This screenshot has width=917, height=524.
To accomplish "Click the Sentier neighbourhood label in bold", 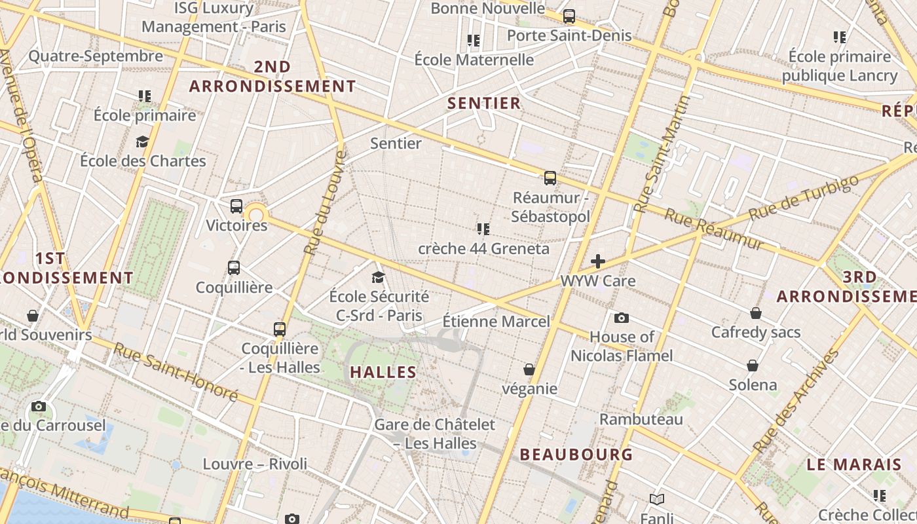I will pyautogui.click(x=484, y=103).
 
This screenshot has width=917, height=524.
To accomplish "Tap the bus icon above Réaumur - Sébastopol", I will pyautogui.click(x=550, y=178).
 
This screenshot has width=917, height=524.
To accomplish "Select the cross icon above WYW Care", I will pyautogui.click(x=598, y=261).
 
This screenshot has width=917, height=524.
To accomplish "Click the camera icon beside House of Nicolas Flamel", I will pyautogui.click(x=622, y=318).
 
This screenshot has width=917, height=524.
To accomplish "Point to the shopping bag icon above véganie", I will pyautogui.click(x=529, y=370).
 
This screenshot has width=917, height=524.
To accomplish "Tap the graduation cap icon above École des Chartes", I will pyautogui.click(x=142, y=141).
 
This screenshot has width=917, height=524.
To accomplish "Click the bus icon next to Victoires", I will pyautogui.click(x=236, y=206).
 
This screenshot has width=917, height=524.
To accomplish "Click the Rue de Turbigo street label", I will pyautogui.click(x=803, y=198).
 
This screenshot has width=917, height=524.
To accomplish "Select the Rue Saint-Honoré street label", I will pyautogui.click(x=176, y=371).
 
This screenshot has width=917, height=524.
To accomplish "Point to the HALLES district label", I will pyautogui.click(x=383, y=372).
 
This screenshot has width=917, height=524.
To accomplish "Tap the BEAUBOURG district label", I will pyautogui.click(x=576, y=454).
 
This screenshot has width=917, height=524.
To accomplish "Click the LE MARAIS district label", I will pyautogui.click(x=854, y=465).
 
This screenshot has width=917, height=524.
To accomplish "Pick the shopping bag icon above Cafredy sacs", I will pyautogui.click(x=756, y=313).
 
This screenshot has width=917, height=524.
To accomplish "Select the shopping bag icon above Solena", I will pyautogui.click(x=753, y=365).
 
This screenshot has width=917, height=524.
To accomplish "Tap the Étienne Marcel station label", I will pyautogui.click(x=496, y=322).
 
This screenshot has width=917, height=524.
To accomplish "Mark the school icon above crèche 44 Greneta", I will pyautogui.click(x=483, y=229).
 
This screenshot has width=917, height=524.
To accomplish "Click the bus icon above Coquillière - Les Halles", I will pyautogui.click(x=280, y=329).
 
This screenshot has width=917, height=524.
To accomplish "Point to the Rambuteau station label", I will pyautogui.click(x=641, y=419).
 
